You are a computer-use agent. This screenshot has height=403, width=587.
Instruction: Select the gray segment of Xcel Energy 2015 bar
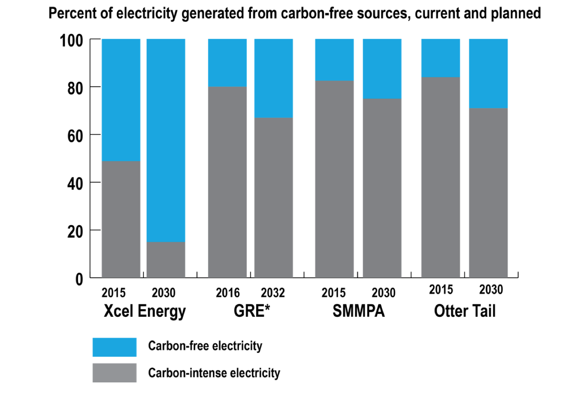121,219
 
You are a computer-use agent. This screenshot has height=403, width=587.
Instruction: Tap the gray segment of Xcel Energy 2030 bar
166,260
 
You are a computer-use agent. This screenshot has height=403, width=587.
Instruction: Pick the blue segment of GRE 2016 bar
227,63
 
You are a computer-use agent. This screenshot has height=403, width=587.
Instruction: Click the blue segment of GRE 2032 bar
273,78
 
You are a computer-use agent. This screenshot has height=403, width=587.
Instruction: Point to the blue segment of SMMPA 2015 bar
334,60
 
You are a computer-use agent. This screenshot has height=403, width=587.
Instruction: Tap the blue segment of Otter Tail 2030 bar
488,73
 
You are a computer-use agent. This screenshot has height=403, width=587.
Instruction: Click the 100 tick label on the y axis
71,41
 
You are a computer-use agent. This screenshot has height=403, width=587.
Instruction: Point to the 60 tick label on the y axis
75,136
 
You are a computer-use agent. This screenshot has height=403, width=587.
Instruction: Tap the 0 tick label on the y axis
79,280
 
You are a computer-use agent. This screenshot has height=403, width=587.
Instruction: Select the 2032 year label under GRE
272,293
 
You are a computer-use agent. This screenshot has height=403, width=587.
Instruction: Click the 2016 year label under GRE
227,293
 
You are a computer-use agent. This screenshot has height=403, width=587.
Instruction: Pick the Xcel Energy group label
145,311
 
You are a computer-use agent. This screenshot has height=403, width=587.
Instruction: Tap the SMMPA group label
358,311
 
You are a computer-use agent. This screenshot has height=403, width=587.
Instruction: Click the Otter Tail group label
465,311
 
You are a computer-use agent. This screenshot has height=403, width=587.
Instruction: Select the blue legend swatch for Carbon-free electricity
115,347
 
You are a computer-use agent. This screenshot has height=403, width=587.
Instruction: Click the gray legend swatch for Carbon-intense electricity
115,373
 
